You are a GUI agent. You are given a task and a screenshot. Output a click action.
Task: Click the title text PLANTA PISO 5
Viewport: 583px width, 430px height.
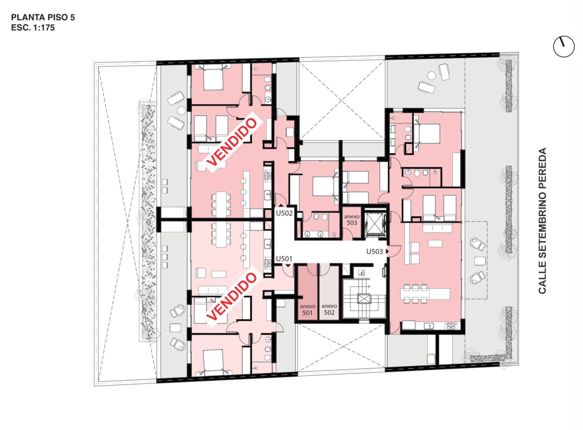43,17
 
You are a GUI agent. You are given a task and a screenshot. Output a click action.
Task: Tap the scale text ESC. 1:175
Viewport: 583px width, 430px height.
33,28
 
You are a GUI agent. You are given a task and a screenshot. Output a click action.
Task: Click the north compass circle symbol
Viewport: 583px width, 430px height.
564,47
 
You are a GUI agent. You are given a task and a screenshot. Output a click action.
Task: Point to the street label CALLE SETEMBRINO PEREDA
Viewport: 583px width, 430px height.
543,221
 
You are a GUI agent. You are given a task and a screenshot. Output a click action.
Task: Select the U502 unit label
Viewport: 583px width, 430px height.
284,213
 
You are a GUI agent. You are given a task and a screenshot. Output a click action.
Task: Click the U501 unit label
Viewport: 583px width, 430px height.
284,259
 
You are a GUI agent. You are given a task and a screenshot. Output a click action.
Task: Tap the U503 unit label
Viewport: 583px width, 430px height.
374,251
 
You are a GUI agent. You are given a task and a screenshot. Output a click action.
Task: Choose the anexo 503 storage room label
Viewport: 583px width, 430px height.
352,219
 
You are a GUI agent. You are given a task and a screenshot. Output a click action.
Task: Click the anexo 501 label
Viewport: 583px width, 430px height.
307,310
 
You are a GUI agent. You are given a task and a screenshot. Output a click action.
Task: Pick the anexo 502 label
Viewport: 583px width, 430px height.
329,309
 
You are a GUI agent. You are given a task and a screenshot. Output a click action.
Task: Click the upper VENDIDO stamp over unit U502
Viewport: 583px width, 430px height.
231,143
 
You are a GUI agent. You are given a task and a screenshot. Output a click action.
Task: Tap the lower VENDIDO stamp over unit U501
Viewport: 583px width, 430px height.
231,297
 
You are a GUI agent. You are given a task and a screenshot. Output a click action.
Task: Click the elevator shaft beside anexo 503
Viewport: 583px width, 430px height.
375,223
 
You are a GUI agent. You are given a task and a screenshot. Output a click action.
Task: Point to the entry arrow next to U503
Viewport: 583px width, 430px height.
387,251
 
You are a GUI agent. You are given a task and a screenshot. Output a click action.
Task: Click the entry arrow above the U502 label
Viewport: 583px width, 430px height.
281,205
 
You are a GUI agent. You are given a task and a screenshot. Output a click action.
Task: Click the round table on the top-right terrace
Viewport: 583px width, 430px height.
431,76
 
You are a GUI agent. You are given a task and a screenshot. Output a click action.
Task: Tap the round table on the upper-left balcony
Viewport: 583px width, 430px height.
182,111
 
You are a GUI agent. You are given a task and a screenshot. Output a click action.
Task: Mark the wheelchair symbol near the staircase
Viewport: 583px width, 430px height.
362,273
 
